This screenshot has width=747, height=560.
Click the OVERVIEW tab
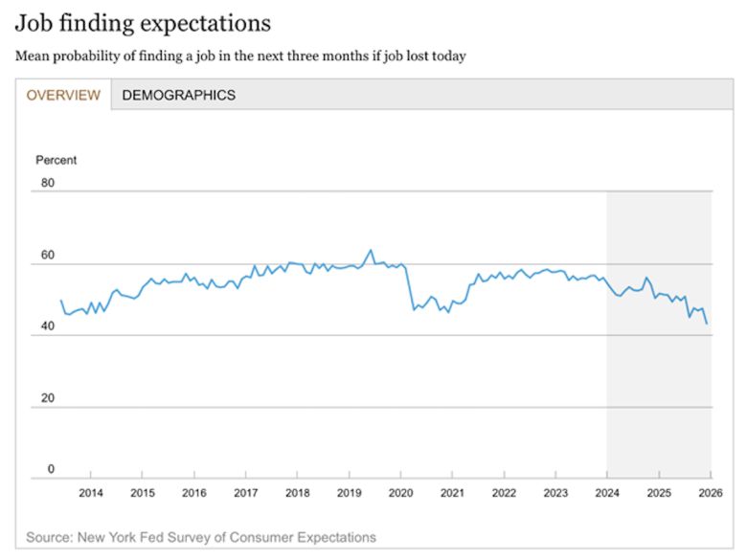click(x=63, y=95)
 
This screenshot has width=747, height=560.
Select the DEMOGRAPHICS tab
click(x=178, y=95)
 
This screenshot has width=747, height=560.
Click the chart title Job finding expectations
click(x=144, y=23)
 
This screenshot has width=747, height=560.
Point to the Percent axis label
click(x=57, y=160)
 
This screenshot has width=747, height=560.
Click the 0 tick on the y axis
click(x=52, y=469)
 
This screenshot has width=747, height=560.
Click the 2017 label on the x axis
click(x=245, y=493)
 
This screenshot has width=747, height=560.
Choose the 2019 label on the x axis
click(x=350, y=493)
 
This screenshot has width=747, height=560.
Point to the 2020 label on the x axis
click(x=401, y=493)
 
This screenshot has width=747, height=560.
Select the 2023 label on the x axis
click(x=556, y=493)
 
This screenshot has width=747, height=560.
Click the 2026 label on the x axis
click(x=710, y=493)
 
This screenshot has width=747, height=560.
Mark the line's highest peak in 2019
click(x=371, y=251)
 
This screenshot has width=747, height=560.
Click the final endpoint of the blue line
click(x=707, y=324)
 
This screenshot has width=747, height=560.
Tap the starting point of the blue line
click(x=61, y=301)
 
